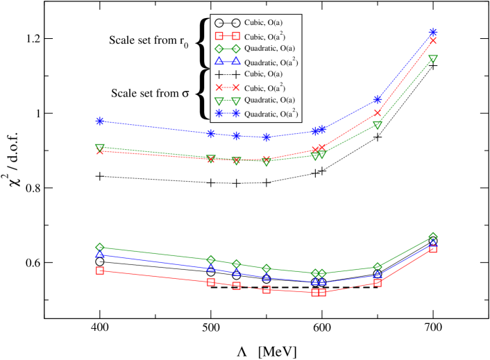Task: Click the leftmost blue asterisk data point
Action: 100,121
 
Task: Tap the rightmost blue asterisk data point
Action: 433,32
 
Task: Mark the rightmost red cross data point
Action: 433,41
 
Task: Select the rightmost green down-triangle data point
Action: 433,59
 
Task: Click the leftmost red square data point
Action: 100,271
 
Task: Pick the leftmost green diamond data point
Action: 100,248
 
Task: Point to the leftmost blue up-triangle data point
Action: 100,255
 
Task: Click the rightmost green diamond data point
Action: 433,237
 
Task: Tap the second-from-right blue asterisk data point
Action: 378,100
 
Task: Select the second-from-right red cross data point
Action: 378,113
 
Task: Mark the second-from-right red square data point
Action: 378,283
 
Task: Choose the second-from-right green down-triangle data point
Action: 378,126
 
